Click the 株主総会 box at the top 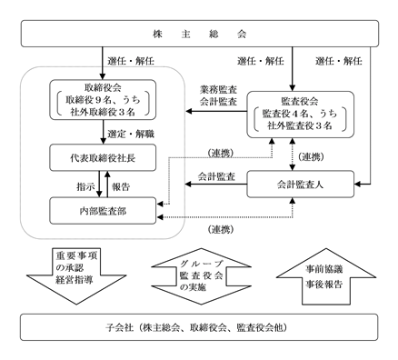(200, 34)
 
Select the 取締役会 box (103, 100)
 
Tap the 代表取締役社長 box (103, 158)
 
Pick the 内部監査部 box (103, 211)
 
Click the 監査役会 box (301, 115)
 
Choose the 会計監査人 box (301, 185)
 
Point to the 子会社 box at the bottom (199, 327)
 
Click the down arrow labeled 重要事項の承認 (76, 276)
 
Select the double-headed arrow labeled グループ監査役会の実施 (201, 276)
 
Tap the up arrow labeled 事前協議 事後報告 (326, 276)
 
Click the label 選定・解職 (131, 134)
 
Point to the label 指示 (85, 186)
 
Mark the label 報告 (121, 186)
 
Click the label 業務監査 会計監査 (218, 95)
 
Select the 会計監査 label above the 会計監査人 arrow (216, 176)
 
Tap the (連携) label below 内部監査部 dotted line (221, 230)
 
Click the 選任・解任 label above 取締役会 (131, 61)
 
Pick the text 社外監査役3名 (300, 125)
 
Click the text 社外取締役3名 (103, 112)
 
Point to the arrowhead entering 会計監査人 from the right (357, 185)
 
